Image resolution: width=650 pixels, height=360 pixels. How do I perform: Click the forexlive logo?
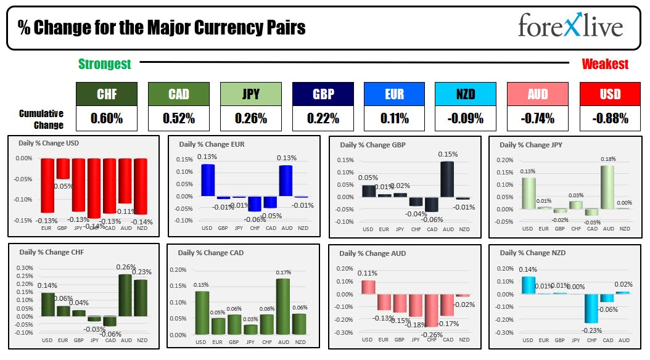click(x=570, y=27)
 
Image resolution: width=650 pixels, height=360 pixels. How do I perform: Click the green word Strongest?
click(x=105, y=64)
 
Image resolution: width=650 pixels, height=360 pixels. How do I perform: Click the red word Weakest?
click(x=605, y=64)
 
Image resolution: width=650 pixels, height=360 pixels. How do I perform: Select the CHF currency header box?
click(x=107, y=94)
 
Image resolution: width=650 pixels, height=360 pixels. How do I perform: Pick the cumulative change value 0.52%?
click(x=179, y=118)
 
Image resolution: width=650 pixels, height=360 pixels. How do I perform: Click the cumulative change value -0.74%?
click(x=538, y=118)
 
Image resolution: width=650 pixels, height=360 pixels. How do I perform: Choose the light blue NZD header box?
click(x=465, y=94)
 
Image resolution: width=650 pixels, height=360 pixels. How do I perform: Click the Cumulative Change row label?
click(x=41, y=119)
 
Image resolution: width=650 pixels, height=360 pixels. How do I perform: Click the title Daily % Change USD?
click(x=49, y=144)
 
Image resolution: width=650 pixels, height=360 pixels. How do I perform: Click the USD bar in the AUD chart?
click(x=368, y=287)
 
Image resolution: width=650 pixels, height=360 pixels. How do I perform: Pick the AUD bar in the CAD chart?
click(x=283, y=306)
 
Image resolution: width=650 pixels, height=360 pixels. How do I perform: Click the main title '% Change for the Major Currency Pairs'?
click(x=162, y=28)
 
